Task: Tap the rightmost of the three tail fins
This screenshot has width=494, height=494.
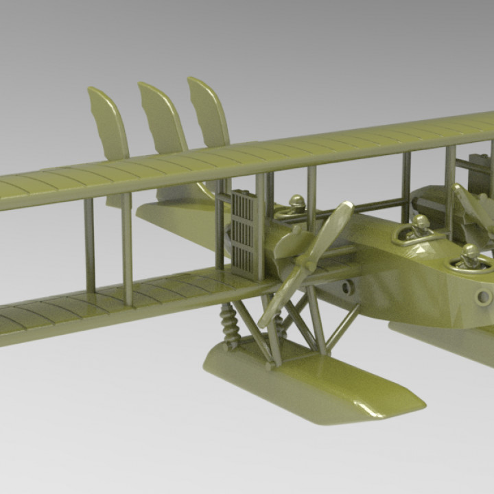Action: pos(209,113)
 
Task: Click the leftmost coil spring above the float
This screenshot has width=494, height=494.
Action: pos(228,323)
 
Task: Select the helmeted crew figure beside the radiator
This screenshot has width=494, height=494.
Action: pos(296,205)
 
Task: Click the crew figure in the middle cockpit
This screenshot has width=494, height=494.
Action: pos(420,226)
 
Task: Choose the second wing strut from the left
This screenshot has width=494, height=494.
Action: pos(126,247)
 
